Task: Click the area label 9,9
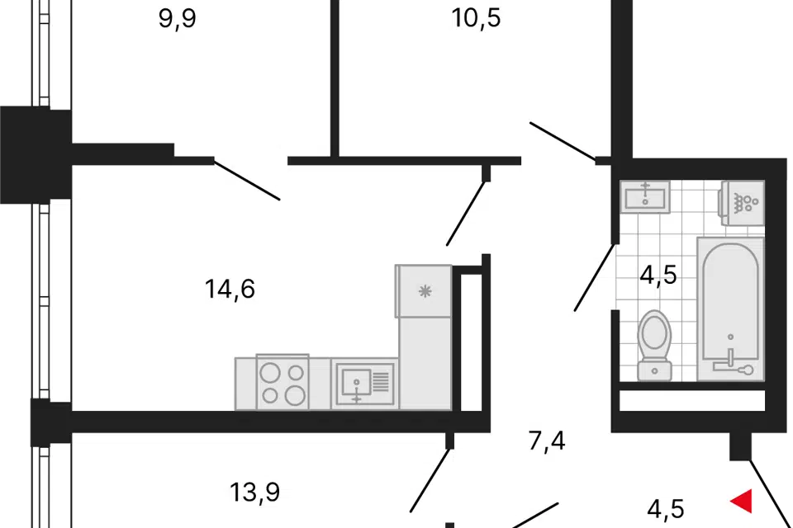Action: click(x=177, y=18)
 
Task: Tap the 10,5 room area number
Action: click(x=477, y=18)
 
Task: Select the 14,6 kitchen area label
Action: click(x=230, y=290)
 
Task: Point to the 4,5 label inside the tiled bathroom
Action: click(x=658, y=275)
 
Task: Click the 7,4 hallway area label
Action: click(x=547, y=441)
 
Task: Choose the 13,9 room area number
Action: click(x=254, y=493)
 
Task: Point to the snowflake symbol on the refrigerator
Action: click(x=425, y=290)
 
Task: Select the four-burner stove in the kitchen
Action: click(x=283, y=383)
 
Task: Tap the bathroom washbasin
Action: click(x=645, y=196)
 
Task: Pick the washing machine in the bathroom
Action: click(x=743, y=202)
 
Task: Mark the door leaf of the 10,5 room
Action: click(x=562, y=140)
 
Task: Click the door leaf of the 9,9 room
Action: click(x=247, y=180)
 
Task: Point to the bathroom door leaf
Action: click(x=595, y=277)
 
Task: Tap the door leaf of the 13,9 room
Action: click(x=430, y=480)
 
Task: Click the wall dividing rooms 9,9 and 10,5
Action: click(x=335, y=74)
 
